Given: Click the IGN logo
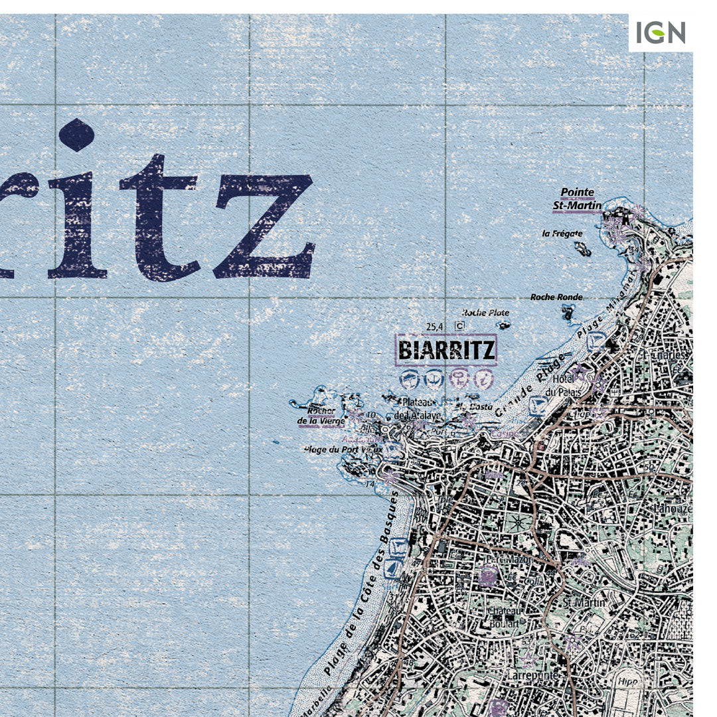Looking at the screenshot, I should point(660,33).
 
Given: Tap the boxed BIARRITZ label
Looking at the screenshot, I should point(445,349).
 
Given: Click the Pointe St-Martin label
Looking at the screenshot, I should point(577,199).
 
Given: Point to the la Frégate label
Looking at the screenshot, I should point(562,234).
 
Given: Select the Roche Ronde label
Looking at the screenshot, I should point(556,297).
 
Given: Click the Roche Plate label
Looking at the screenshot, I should point(485,313).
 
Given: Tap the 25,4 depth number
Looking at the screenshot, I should point(435,326).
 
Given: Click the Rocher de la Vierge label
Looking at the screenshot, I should point(321,415).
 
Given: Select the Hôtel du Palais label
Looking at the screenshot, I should point(564,385).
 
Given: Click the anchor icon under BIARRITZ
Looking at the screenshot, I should point(434,378).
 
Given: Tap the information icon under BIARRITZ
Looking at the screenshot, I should point(484,378).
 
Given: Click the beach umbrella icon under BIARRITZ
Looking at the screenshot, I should point(410,378).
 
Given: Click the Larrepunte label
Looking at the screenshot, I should point(531,675).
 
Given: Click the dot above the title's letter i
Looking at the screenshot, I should point(77,134).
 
